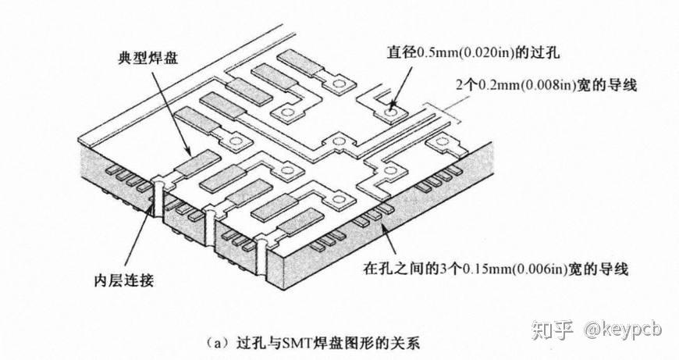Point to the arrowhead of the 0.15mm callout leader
[383, 220]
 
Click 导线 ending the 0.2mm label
[620, 86]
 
